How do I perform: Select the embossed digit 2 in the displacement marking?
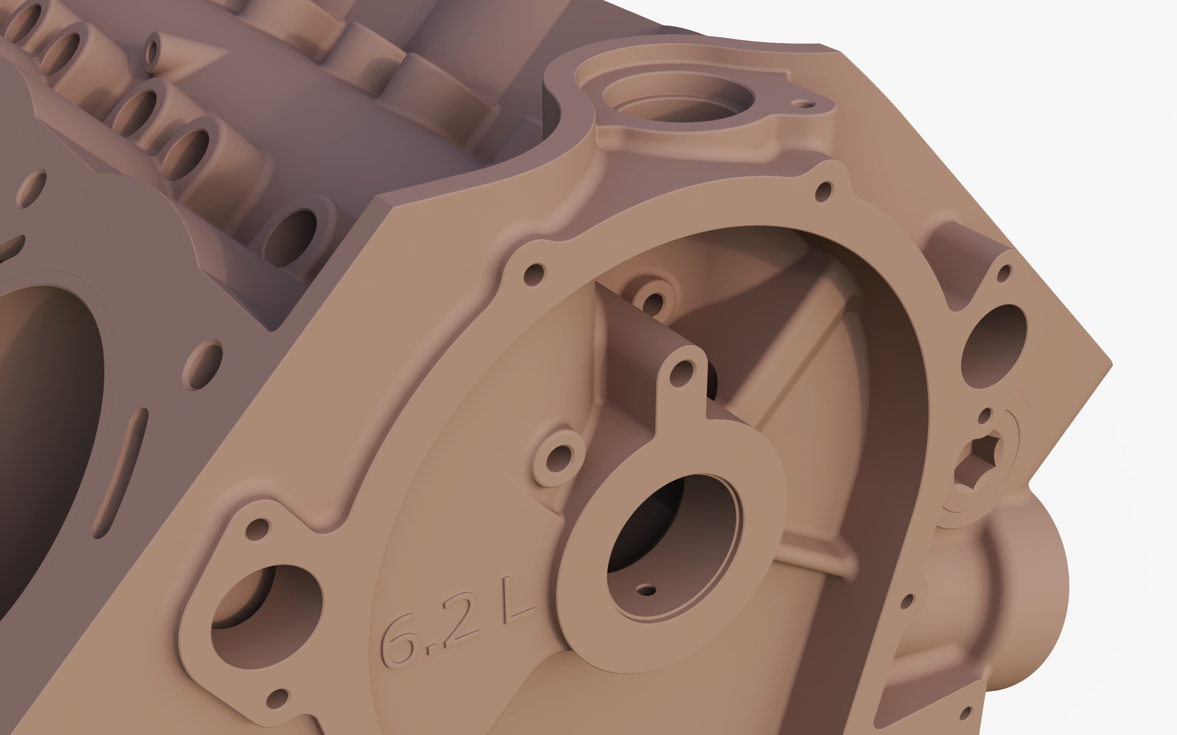pyautogui.click(x=460, y=622)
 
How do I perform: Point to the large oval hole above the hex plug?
pyautogui.click(x=994, y=346)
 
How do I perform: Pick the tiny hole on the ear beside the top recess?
pyautogui.click(x=803, y=104)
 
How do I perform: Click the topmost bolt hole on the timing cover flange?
pyautogui.click(x=823, y=192)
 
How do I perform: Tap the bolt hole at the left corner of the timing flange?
pyautogui.click(x=534, y=275)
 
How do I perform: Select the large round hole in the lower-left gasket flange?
pyautogui.click(x=267, y=616)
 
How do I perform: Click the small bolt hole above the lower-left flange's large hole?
pyautogui.click(x=257, y=529)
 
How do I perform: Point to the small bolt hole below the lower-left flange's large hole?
pyautogui.click(x=277, y=699)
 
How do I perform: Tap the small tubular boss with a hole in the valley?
pyautogui.click(x=152, y=51)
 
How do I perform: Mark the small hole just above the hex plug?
pyautogui.click(x=984, y=416)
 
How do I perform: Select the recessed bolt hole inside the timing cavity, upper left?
pyautogui.click(x=653, y=304)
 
